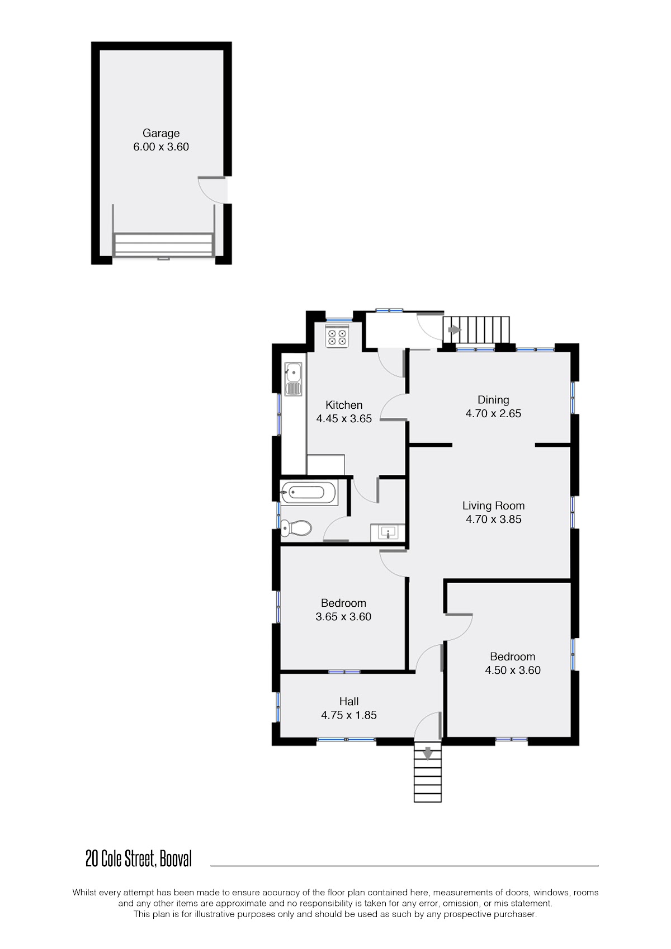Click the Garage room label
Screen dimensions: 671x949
point(161,134)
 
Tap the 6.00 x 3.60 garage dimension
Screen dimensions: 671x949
point(161,147)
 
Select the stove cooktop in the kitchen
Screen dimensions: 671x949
point(337,336)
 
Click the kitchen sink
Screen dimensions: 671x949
point(293,379)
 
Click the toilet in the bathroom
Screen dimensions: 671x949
point(296,528)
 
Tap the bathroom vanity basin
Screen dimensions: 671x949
point(388,532)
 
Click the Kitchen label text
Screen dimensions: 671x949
point(344,405)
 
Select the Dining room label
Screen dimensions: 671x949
point(493,400)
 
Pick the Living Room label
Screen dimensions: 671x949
point(494,506)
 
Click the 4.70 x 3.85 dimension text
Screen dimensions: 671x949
point(494,519)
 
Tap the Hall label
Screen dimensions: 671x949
point(348,701)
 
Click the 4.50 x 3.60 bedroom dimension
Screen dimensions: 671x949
point(513,670)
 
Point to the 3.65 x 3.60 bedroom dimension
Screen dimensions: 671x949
point(343,616)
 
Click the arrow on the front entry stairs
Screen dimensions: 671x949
point(428,753)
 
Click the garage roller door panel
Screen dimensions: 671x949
point(163,245)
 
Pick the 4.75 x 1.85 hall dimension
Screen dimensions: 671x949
point(348,715)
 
